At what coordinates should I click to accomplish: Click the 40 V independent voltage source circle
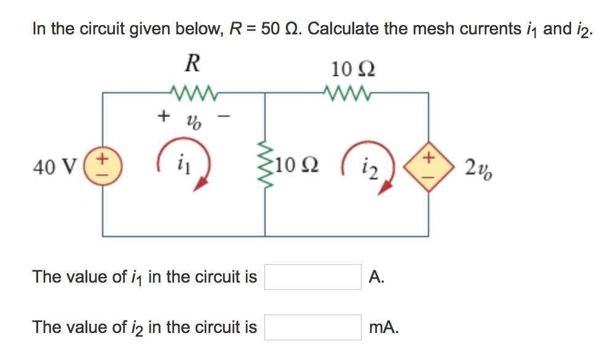coord(103,165)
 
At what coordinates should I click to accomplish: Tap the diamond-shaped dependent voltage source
coord(428,165)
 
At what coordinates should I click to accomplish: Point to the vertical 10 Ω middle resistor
coord(265,165)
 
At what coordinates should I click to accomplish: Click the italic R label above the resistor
coord(192,62)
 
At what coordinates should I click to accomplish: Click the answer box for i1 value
coord(313,277)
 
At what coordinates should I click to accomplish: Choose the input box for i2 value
coord(313,327)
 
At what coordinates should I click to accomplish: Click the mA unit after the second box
coord(384,328)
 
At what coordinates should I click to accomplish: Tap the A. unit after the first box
coord(377,277)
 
